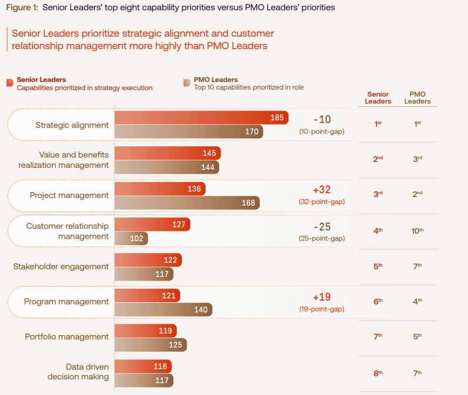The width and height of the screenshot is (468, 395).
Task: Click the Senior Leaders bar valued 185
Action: click(x=201, y=118)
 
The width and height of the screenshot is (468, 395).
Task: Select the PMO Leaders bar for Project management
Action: click(x=187, y=203)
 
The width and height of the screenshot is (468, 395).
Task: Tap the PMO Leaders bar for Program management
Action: click(x=163, y=310)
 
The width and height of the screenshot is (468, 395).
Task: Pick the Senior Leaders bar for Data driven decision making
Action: click(x=143, y=366)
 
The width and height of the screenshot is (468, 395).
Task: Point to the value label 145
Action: click(x=209, y=153)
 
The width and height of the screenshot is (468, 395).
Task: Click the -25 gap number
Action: click(x=322, y=227)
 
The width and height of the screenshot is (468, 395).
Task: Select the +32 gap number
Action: click(x=322, y=190)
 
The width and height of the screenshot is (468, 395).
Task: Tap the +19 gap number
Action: click(x=322, y=297)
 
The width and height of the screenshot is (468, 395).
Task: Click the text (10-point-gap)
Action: click(x=322, y=131)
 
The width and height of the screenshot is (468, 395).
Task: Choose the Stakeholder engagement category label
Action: click(x=61, y=267)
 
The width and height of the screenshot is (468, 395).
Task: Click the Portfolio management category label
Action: click(x=67, y=337)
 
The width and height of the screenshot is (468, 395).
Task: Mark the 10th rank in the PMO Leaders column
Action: click(x=417, y=231)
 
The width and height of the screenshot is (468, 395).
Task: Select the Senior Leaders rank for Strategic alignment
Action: click(x=378, y=124)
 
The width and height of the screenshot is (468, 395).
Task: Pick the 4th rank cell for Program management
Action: click(x=417, y=302)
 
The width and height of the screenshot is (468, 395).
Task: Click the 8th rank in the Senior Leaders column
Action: click(x=378, y=372)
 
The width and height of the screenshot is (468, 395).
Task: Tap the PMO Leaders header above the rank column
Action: click(x=417, y=98)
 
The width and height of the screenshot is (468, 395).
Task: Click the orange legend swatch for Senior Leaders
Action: click(x=10, y=83)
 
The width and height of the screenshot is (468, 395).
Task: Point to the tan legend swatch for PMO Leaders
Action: click(x=187, y=83)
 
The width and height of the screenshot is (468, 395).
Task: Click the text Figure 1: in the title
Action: click(x=22, y=8)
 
